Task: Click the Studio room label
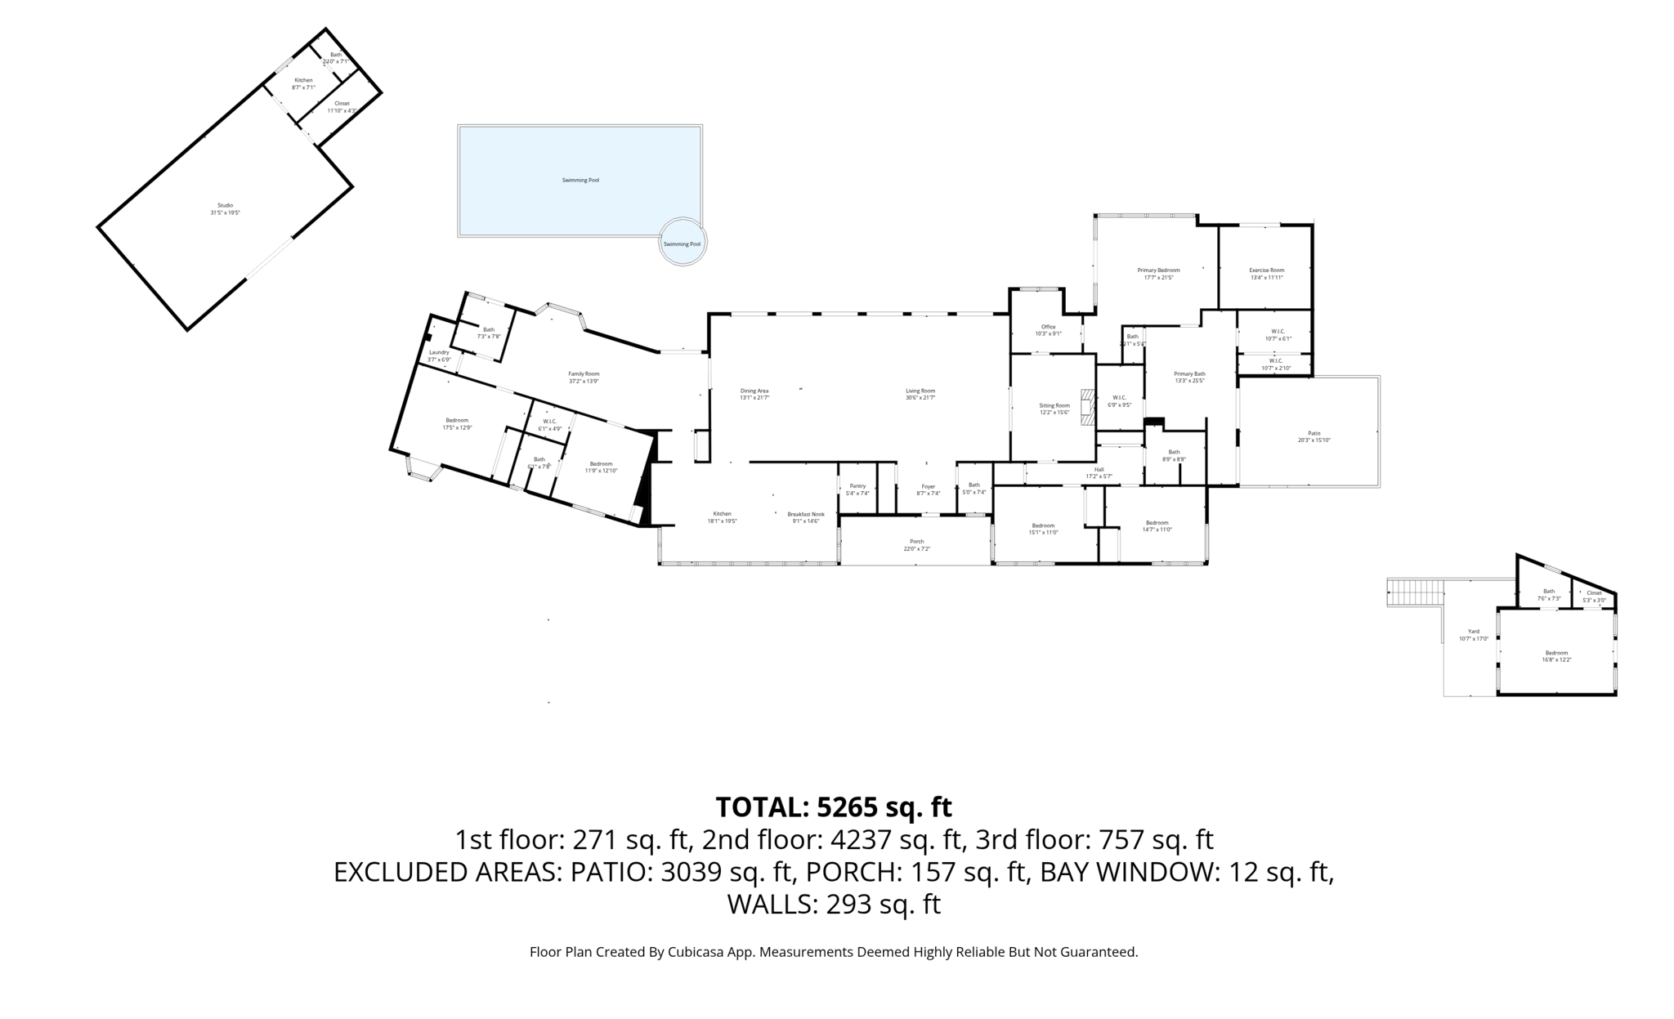pos(225,205)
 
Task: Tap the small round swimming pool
pos(682,242)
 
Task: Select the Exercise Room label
pos(1266,270)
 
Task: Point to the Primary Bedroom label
pos(1158,270)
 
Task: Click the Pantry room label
pos(857,485)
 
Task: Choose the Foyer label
pos(929,486)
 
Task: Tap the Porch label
pos(916,541)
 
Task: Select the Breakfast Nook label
pos(805,514)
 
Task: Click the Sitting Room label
pos(1054,405)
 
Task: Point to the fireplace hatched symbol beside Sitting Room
pos(1086,407)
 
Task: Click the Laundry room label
pos(439,352)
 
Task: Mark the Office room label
pos(1048,327)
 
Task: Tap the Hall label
pos(1099,469)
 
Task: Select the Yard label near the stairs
pos(1474,631)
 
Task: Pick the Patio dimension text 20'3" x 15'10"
pos(1314,440)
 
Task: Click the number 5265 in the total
pos(851,807)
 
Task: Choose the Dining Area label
pos(754,391)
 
